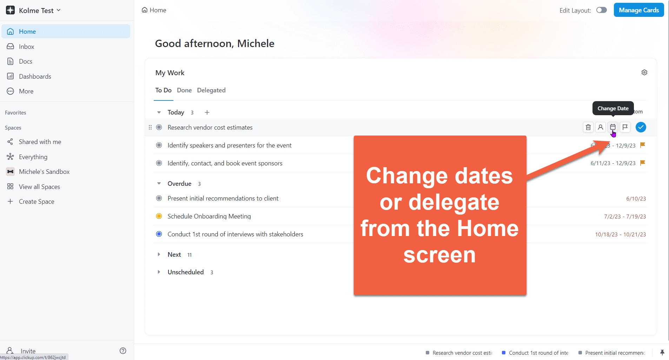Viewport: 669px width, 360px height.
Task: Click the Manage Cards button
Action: (x=638, y=10)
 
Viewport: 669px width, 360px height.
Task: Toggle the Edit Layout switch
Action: (x=601, y=10)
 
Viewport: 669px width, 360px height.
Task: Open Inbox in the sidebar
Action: (x=26, y=46)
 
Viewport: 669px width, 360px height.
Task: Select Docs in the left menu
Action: (x=25, y=61)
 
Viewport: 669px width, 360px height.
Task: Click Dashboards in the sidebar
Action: (x=35, y=77)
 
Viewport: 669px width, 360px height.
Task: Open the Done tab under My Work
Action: (x=184, y=90)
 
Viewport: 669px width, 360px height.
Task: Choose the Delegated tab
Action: (x=211, y=90)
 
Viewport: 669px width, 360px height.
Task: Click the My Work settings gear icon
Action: (x=644, y=72)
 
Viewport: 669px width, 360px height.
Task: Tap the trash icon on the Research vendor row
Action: (x=588, y=127)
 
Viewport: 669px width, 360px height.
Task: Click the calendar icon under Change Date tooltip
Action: (x=613, y=127)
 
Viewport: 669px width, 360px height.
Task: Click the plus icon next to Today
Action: (x=207, y=112)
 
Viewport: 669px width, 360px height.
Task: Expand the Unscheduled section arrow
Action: (x=159, y=272)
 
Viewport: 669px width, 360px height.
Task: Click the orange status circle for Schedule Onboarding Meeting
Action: (x=159, y=216)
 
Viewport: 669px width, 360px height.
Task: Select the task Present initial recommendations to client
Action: (x=223, y=198)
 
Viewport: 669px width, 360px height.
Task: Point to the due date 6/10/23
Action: (x=636, y=199)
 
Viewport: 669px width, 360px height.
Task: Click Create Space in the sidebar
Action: (x=37, y=202)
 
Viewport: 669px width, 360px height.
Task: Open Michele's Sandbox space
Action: (x=44, y=172)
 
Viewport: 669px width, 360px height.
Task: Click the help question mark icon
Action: (x=123, y=351)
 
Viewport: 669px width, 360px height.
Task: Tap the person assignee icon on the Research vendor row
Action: (x=601, y=127)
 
